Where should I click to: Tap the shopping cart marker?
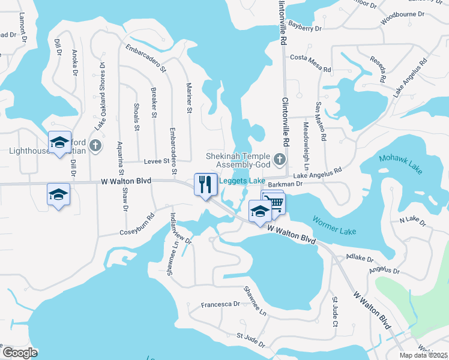[x=274, y=201]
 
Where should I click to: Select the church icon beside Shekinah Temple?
[x=279, y=159]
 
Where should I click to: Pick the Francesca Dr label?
[x=220, y=304]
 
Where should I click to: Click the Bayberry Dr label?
[x=305, y=28]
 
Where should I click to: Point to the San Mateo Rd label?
[x=320, y=119]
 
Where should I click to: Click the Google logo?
[x=20, y=353]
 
